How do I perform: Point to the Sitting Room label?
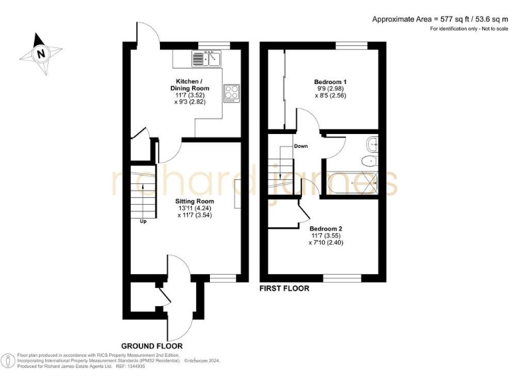point(195,201)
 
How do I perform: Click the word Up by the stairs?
point(143,221)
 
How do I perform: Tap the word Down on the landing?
point(301,146)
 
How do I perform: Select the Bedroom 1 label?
point(331,82)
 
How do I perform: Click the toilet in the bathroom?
point(367,163)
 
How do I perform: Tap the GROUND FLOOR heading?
point(152,346)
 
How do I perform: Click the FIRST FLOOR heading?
point(285,289)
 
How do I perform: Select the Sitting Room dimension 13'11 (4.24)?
point(195,208)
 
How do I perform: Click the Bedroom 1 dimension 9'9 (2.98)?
point(331,89)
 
